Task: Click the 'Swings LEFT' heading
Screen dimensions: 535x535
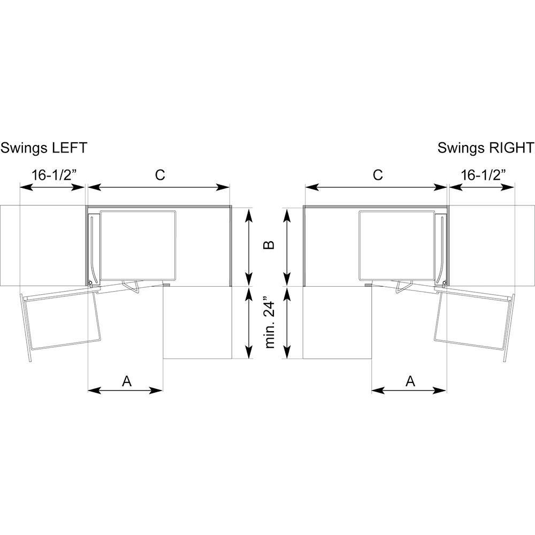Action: click(x=44, y=148)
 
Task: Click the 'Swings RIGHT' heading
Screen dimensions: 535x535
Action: click(x=485, y=148)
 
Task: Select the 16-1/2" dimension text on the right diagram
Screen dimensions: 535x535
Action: click(x=483, y=175)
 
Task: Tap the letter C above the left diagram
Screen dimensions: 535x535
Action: click(x=159, y=175)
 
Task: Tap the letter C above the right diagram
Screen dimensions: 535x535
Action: click(x=378, y=175)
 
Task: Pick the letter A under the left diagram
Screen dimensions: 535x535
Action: click(x=126, y=381)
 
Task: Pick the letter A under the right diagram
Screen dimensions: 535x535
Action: click(x=410, y=381)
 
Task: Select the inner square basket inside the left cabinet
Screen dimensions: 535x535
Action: click(x=138, y=245)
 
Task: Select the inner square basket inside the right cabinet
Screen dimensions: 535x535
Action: click(x=396, y=245)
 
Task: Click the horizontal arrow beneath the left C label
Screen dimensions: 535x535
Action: click(x=159, y=187)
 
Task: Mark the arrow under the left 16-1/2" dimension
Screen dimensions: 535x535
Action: click(x=52, y=187)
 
